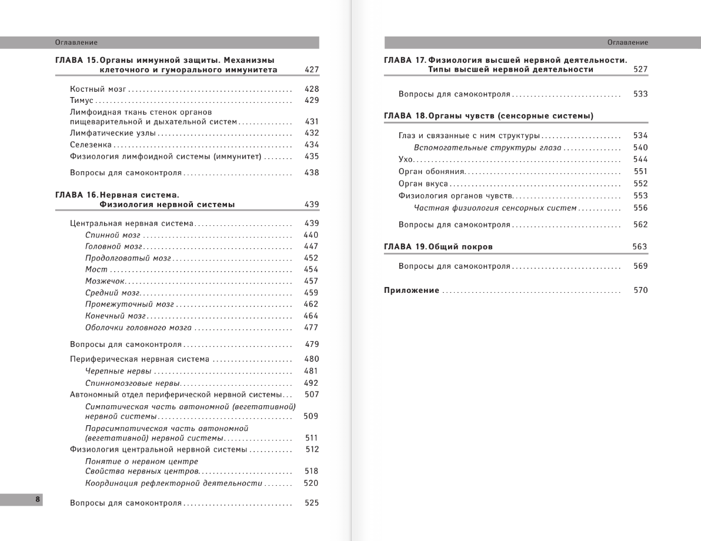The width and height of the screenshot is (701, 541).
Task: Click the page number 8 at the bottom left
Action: pos(37,500)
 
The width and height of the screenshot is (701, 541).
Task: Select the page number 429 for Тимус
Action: pos(312,101)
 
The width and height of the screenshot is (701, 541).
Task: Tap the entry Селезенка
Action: pos(91,145)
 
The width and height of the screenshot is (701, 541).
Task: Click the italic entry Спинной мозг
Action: pos(113,235)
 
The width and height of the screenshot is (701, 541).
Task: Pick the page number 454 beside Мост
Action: pos(311,269)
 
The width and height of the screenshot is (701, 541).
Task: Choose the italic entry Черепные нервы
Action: pos(118,371)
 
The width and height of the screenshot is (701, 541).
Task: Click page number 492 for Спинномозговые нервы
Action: pos(311,383)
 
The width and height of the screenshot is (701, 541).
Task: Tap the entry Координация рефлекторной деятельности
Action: pos(173,483)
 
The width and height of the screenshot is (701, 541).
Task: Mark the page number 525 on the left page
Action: pos(312,503)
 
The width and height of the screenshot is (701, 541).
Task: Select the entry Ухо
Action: pos(406,160)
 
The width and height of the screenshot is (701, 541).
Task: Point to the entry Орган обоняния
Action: pos(432,172)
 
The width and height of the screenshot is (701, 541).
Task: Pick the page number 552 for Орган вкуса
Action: pos(640,183)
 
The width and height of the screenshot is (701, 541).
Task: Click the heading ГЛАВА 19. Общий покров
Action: pos(438,247)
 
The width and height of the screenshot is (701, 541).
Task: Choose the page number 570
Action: pos(640,290)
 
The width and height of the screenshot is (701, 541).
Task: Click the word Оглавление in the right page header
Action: pos(628,42)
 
